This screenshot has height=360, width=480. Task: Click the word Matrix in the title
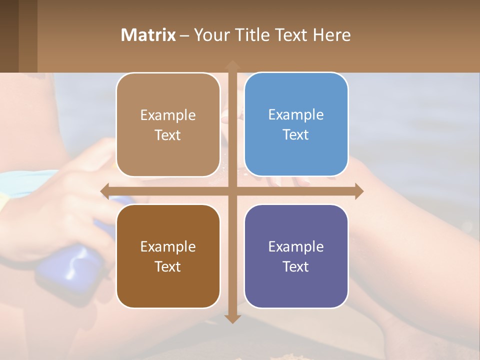click(x=148, y=35)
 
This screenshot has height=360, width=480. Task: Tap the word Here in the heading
click(x=332, y=35)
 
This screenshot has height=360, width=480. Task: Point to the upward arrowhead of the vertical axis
click(x=232, y=64)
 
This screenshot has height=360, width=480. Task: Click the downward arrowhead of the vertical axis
click(x=232, y=318)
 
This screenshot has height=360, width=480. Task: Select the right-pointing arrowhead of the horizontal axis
click(x=359, y=190)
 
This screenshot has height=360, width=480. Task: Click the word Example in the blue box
click(x=296, y=115)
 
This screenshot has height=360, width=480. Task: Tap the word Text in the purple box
click(x=296, y=266)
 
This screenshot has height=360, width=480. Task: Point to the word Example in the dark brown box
click(x=168, y=246)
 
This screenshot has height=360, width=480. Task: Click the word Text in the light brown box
click(x=168, y=135)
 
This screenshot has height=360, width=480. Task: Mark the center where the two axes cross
click(x=232, y=190)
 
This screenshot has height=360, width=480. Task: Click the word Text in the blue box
click(x=296, y=135)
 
